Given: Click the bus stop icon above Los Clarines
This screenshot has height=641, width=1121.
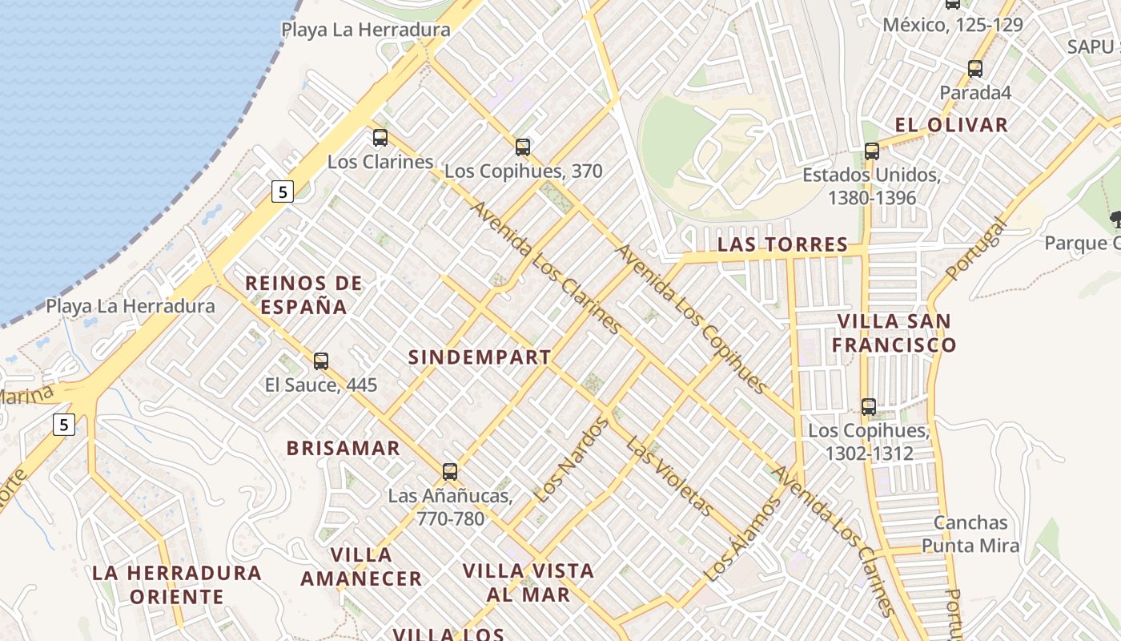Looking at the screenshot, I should coord(380,138).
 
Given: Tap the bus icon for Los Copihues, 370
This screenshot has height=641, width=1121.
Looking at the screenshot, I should coord(523,147).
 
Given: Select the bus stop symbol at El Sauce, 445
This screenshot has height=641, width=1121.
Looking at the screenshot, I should coord(321,361).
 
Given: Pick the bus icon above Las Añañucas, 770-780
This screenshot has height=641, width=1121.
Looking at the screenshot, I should coord(450,472).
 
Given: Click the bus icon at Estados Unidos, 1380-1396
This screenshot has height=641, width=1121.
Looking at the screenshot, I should coord(872,151).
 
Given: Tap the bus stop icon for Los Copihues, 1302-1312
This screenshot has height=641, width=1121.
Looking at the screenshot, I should coord(869,407).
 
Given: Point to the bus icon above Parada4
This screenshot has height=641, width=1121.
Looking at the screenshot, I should coord(975,69).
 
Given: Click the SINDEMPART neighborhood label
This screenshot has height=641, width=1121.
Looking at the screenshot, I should coord(480,357).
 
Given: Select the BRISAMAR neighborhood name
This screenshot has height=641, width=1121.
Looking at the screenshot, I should coord(344,448).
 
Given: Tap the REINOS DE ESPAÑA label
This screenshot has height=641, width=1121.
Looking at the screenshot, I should coord(303,295).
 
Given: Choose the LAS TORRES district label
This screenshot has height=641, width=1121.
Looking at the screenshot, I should coord(782,244).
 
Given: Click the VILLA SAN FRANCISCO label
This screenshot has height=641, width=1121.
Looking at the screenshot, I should coord(894,333).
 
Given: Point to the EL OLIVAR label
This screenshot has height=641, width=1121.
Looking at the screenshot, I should coord(951,125).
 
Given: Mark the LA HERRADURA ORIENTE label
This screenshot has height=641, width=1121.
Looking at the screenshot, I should coord(177,585).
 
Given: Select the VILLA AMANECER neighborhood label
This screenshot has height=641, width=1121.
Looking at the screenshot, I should coord(361,566).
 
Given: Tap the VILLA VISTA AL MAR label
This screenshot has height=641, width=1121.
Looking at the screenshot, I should coord(528,583).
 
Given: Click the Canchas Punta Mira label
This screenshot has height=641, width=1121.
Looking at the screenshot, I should coord(970,534).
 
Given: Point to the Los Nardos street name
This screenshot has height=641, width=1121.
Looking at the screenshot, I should coord(571,461).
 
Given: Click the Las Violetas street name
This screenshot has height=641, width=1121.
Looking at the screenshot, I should coord(669,477).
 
